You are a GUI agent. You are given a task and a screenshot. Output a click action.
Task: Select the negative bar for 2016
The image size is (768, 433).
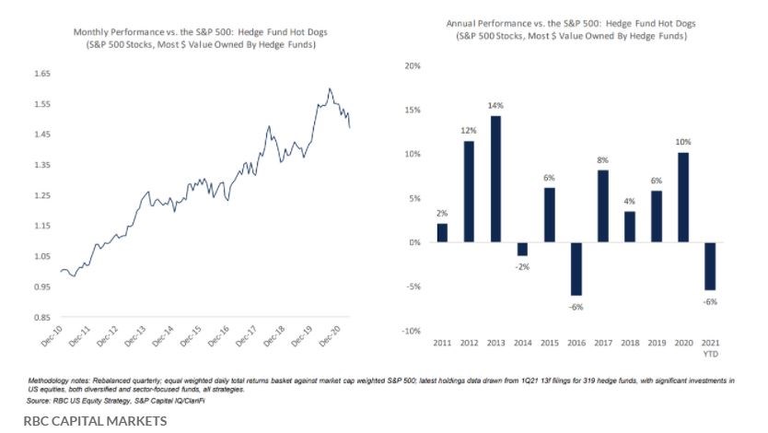click(576, 269)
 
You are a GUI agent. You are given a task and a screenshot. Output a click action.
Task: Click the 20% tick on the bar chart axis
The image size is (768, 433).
click(413, 66)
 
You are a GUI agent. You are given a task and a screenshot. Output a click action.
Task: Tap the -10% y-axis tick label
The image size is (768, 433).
click(412, 331)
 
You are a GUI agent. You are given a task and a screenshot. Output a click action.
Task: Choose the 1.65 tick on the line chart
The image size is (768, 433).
click(41, 74)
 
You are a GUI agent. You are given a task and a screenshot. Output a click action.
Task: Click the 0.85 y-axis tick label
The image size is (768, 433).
click(41, 318)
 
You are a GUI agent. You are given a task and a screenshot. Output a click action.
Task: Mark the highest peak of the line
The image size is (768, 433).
click(330, 88)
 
